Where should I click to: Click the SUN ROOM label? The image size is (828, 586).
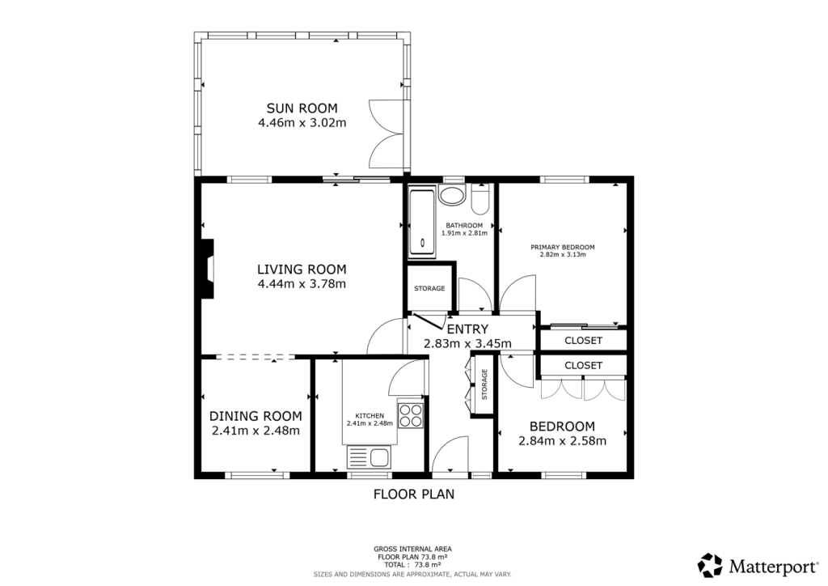click(x=302, y=108)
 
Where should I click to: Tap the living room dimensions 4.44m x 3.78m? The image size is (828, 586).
click(x=302, y=284)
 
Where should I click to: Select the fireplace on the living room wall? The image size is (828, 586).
click(x=208, y=270)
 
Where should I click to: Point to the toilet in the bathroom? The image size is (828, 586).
click(x=480, y=198)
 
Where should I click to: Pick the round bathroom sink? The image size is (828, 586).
click(x=451, y=196)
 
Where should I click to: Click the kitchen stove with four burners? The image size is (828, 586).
click(x=411, y=414)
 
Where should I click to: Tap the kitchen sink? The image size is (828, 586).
click(x=370, y=457)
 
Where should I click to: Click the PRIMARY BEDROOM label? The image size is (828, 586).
click(x=562, y=247)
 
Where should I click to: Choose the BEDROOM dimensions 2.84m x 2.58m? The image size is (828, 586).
click(x=562, y=441)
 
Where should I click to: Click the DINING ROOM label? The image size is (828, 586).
click(x=256, y=416)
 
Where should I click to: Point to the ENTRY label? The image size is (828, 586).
click(x=467, y=329)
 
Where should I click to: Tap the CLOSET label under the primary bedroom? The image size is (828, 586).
click(x=583, y=341)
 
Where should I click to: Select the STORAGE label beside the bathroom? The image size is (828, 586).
click(x=429, y=289)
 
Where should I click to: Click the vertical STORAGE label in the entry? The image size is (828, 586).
click(x=484, y=384)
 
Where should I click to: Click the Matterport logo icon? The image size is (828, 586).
click(x=710, y=564)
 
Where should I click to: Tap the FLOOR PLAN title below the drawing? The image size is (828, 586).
click(x=413, y=494)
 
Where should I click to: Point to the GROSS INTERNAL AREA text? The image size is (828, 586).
click(x=413, y=549)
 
